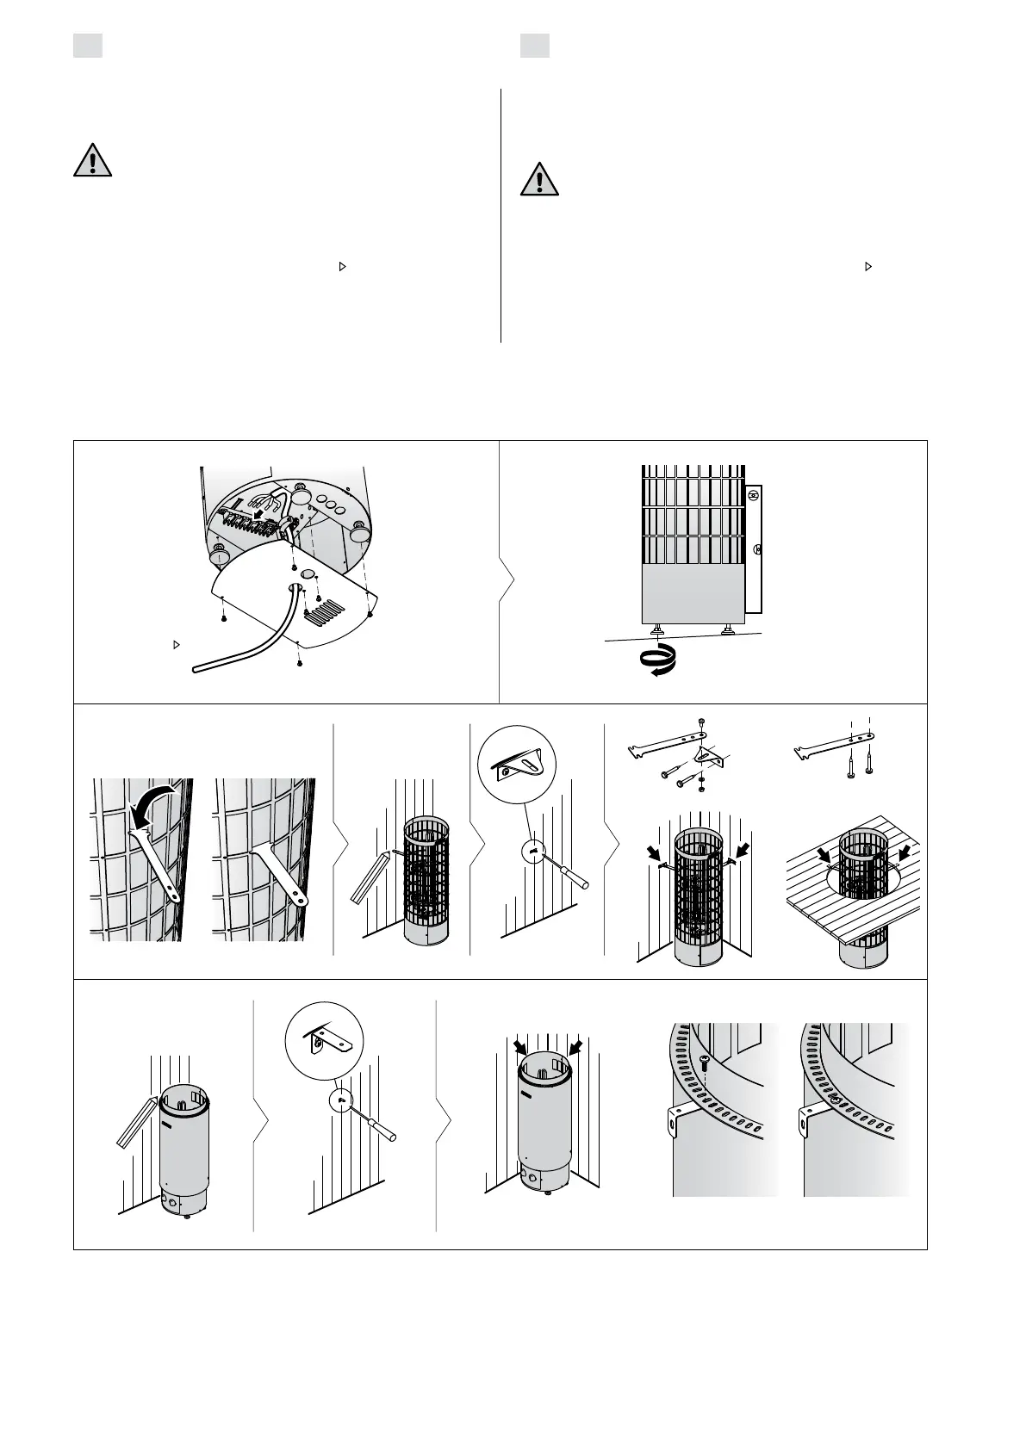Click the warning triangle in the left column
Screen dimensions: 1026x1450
(91, 161)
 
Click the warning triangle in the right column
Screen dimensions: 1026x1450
(539, 180)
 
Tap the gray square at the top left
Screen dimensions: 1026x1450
(87, 46)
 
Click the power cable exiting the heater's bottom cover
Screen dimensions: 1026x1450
(250, 641)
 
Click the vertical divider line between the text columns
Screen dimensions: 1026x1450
(501, 215)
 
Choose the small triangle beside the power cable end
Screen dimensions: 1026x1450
(176, 644)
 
